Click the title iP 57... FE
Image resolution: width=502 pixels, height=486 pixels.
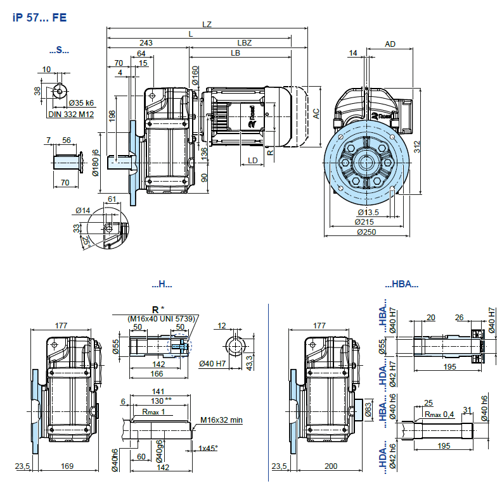point(40,17)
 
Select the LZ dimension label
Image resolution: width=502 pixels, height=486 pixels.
point(207,24)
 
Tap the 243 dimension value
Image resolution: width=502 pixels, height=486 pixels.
point(146,42)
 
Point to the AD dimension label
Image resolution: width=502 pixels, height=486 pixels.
point(390,44)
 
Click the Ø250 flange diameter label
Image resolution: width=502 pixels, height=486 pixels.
point(366,232)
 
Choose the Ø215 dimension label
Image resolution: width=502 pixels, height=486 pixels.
point(364,222)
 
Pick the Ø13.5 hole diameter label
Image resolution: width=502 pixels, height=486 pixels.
point(368,212)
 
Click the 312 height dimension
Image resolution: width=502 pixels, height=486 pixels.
point(416,147)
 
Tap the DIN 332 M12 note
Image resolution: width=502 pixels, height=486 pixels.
point(71,114)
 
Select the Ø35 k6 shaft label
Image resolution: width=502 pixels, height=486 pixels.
point(81,103)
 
